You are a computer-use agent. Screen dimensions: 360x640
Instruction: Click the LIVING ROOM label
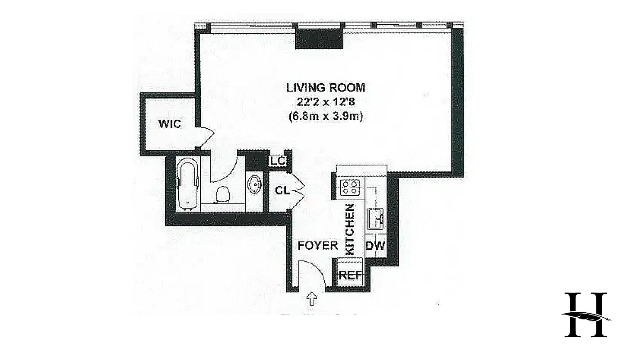[326, 88]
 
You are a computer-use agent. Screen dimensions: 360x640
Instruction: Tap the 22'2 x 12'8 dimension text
[326, 102]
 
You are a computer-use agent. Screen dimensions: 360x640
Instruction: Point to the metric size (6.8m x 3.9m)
[326, 116]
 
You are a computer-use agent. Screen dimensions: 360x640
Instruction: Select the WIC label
[169, 124]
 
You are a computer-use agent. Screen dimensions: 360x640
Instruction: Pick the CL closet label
[282, 190]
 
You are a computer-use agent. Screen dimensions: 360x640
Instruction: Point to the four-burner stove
[350, 187]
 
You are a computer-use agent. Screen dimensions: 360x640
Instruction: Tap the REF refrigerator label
[350, 275]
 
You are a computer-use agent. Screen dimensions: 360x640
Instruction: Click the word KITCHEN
[349, 229]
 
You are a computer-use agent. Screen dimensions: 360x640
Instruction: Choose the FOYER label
[318, 245]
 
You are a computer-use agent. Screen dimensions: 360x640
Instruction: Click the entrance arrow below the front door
[311, 298]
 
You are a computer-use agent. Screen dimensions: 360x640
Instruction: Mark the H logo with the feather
[586, 315]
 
